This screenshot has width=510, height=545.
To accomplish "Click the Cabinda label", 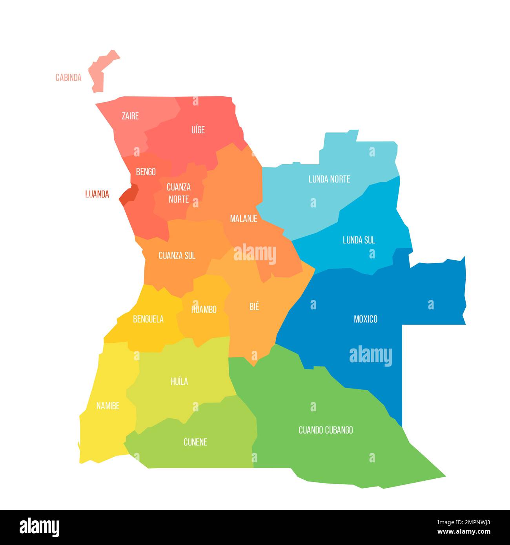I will coord(68,78).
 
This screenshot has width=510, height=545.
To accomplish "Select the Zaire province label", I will coord(130,116).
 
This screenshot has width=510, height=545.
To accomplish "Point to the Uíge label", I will coord(198,130).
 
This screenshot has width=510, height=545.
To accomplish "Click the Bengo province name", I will coord(146,172).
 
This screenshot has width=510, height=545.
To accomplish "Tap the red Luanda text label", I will coord(97,194).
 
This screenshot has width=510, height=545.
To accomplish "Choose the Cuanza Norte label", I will coord(178,193).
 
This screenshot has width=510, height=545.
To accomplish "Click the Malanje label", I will coord(244,218).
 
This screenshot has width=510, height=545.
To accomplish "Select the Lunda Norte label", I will coord(329,179).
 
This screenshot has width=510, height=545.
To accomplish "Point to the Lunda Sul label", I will coord(359,240).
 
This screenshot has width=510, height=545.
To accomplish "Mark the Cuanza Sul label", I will coord(177,256).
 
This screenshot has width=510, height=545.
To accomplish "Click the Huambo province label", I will coord(204,309).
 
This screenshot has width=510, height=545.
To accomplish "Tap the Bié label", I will coord(254,307).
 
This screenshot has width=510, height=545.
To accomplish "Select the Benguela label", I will coord(148,319).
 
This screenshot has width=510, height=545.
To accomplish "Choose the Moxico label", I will coord(365,319).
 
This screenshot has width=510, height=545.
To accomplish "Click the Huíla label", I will coord(179,381).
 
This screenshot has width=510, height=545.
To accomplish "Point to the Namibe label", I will coord(108,406).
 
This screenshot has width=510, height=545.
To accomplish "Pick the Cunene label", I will coord(195,442).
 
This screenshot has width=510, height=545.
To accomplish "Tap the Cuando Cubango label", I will coord(326,430).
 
